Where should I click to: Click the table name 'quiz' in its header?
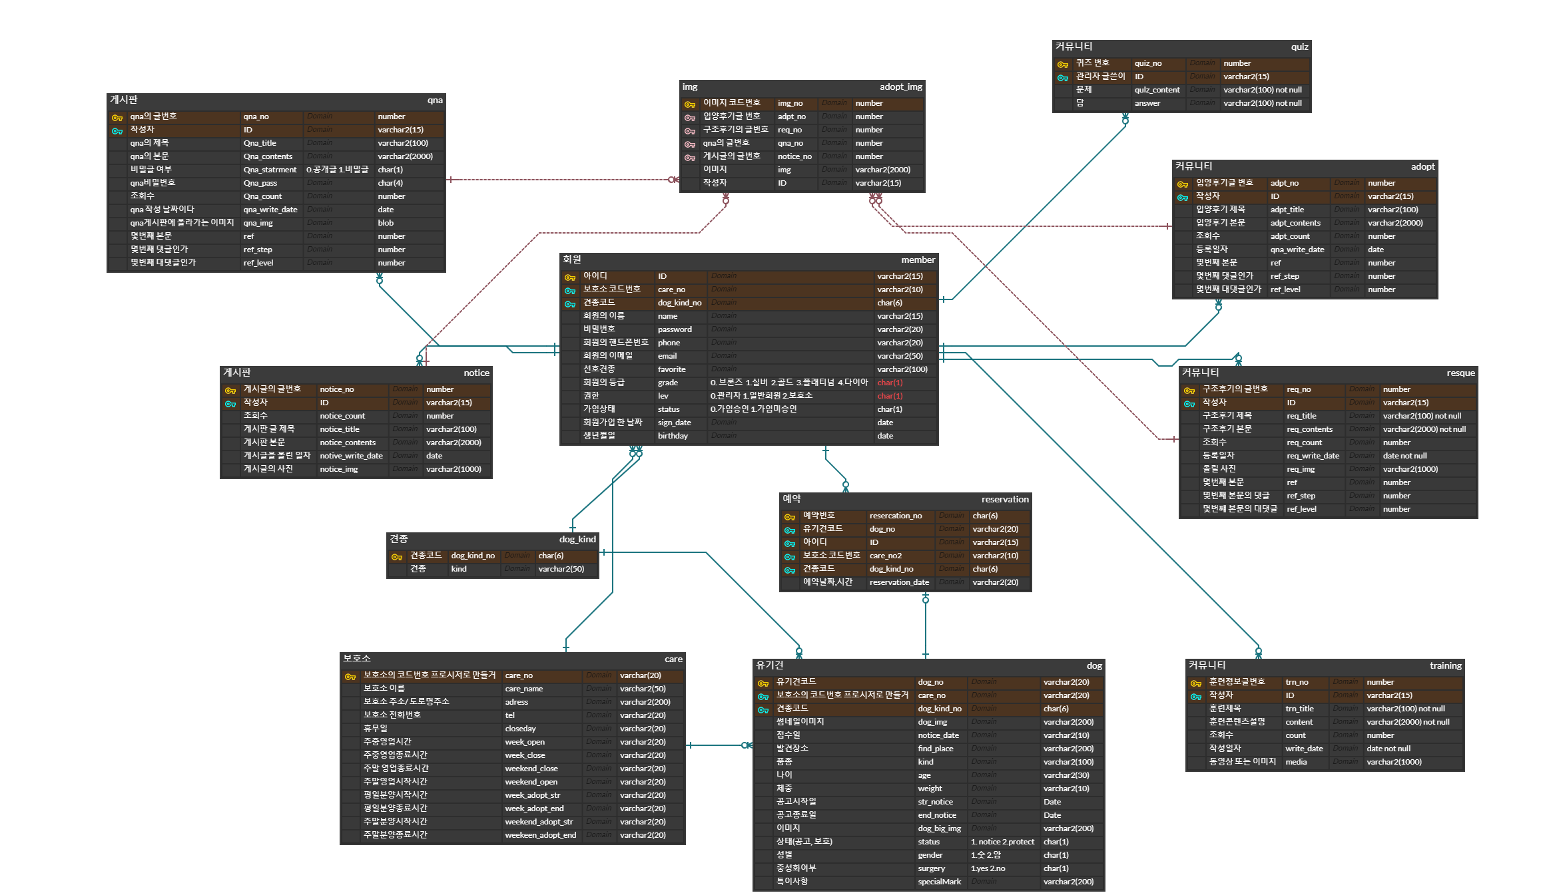pyautogui.click(x=1299, y=47)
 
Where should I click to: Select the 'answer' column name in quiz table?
pyautogui.click(x=1147, y=103)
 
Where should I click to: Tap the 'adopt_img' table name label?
pyautogui.click(x=900, y=87)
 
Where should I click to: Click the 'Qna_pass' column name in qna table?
pyautogui.click(x=260, y=183)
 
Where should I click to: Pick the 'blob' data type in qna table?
pyautogui.click(x=386, y=223)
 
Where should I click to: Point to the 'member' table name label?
pyautogui.click(x=918, y=260)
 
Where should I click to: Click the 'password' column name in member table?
pyautogui.click(x=675, y=329)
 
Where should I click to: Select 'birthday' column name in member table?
pyautogui.click(x=673, y=436)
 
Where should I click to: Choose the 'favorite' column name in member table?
pyautogui.click(x=671, y=369)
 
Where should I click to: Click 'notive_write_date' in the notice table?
pyautogui.click(x=351, y=456)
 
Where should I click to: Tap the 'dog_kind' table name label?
pyautogui.click(x=577, y=540)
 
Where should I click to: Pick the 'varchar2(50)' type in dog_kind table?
pyautogui.click(x=561, y=569)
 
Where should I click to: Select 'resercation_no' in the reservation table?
pyautogui.click(x=896, y=516)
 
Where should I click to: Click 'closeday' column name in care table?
pyautogui.click(x=520, y=729)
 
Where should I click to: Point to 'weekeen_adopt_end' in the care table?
pyautogui.click(x=540, y=835)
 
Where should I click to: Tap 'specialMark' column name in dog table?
pyautogui.click(x=939, y=882)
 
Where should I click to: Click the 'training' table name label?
pyautogui.click(x=1445, y=666)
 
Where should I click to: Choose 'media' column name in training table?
pyautogui.click(x=1296, y=762)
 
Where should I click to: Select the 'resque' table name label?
pyautogui.click(x=1460, y=373)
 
